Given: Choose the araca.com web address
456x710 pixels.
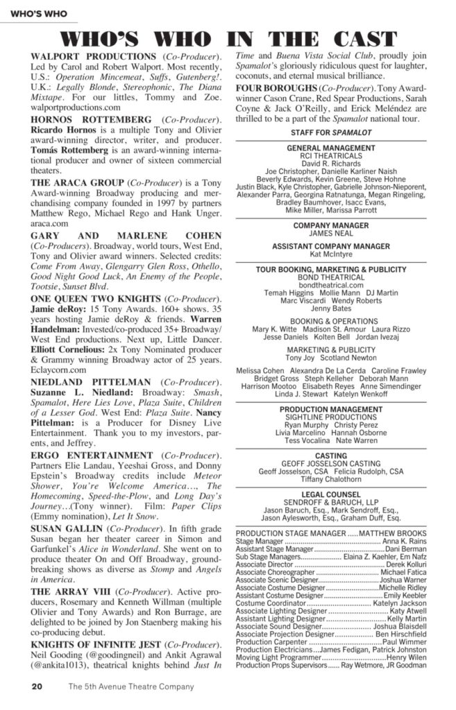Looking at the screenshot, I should pos(49,224).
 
